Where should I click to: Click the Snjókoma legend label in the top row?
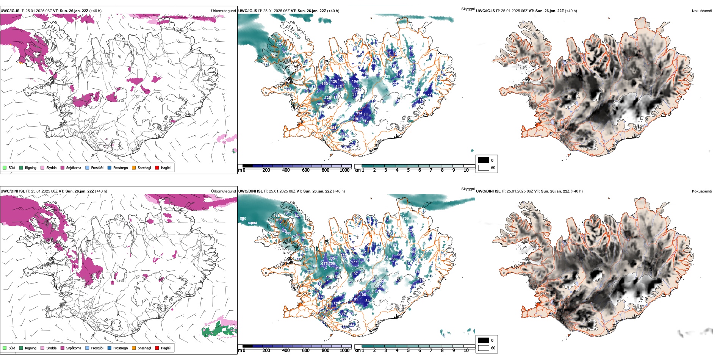click(74, 168)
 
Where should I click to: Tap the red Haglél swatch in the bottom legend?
click(157, 348)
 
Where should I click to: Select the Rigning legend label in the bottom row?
click(31, 348)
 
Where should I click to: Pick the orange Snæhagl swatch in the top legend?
click(134, 167)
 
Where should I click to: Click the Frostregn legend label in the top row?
click(121, 168)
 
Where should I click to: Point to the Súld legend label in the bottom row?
click(12, 348)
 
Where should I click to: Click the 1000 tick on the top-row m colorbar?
click(344, 170)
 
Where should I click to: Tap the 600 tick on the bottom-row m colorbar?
click(306, 351)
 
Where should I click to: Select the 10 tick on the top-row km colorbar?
click(466, 170)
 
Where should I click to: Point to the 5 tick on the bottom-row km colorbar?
click(409, 351)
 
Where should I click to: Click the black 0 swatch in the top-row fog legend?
click(484, 160)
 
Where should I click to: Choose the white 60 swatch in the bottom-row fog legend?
click(484, 348)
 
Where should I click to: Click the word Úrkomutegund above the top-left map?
click(223, 11)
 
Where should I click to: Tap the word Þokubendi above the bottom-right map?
click(702, 191)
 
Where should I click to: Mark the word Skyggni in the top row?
click(468, 9)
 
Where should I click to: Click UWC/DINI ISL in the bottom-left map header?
click(13, 191)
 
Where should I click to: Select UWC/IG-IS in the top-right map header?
click(485, 11)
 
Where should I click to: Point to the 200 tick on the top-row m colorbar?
click(266, 170)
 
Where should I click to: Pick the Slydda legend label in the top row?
click(52, 168)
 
